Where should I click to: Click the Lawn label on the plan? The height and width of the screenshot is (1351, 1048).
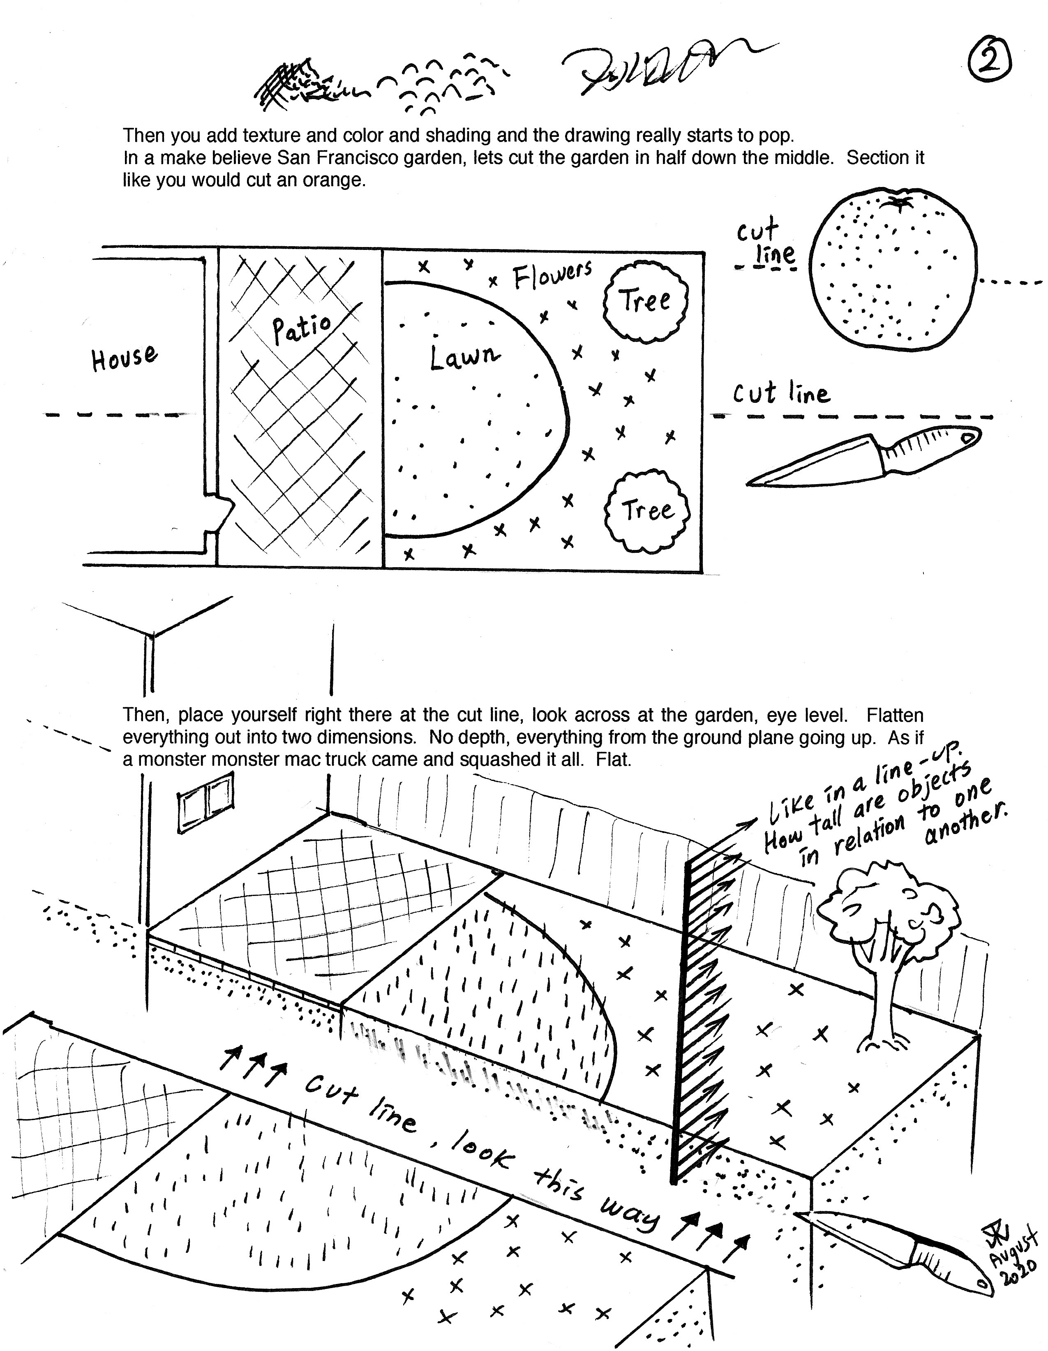(464, 358)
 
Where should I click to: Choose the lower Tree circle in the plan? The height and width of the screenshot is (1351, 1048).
(647, 511)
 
